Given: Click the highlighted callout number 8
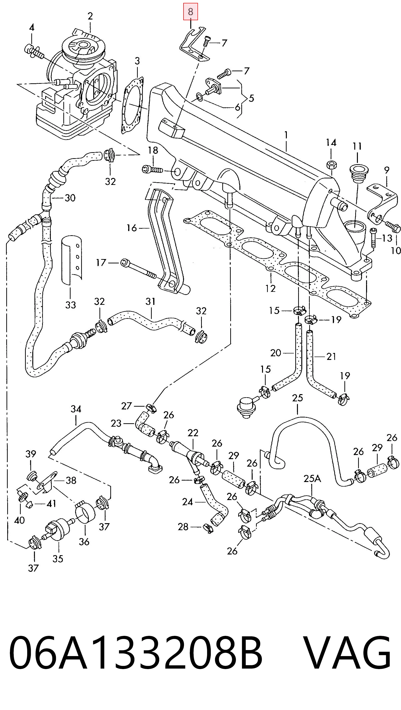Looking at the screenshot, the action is [x=191, y=12].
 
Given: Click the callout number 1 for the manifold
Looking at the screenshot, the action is [x=286, y=135].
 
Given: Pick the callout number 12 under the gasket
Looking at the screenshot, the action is [x=270, y=288].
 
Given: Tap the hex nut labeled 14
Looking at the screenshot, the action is [x=331, y=165].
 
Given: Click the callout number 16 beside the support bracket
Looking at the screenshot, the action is [x=131, y=228].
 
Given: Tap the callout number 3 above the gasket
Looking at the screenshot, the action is [x=137, y=61].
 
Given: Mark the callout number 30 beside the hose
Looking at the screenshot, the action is [x=70, y=198].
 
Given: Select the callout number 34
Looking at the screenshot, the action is [x=76, y=409].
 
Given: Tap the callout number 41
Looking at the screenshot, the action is [x=51, y=504].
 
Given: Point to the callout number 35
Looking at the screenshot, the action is [x=58, y=559].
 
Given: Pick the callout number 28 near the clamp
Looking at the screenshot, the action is [x=183, y=527].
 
